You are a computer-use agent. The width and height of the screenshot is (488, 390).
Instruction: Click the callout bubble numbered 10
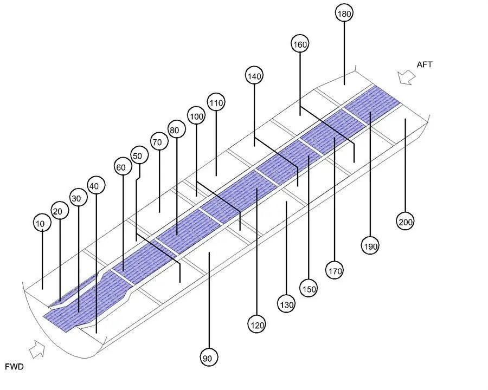[42, 223]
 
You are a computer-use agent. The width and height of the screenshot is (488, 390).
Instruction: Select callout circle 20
[60, 211]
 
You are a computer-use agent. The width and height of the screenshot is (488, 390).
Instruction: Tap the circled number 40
[96, 185]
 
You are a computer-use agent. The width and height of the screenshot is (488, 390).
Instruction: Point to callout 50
[139, 155]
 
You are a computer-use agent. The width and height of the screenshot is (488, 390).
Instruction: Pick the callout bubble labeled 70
[159, 142]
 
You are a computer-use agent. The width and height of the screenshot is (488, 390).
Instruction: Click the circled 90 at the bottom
[209, 358]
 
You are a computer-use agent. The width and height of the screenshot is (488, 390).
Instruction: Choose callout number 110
[216, 102]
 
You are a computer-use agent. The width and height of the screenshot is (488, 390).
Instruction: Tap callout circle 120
[256, 325]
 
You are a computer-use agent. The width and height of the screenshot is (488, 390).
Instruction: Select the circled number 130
[286, 304]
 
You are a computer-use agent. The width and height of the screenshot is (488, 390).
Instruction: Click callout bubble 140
[254, 76]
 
